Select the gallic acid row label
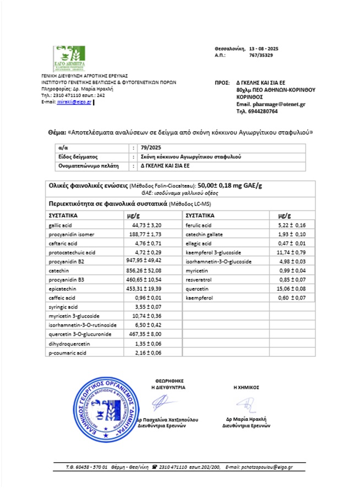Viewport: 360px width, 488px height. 59,226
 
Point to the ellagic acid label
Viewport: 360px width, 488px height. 199,243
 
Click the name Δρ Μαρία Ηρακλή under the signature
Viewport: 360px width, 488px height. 247,419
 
